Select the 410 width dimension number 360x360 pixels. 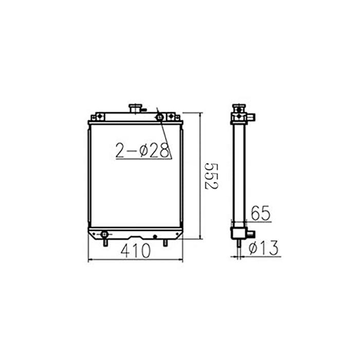136,251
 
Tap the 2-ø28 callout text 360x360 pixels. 142,150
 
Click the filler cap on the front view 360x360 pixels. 135,109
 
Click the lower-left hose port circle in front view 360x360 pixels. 104,235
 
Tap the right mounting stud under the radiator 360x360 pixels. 165,242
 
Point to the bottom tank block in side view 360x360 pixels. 238,233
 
